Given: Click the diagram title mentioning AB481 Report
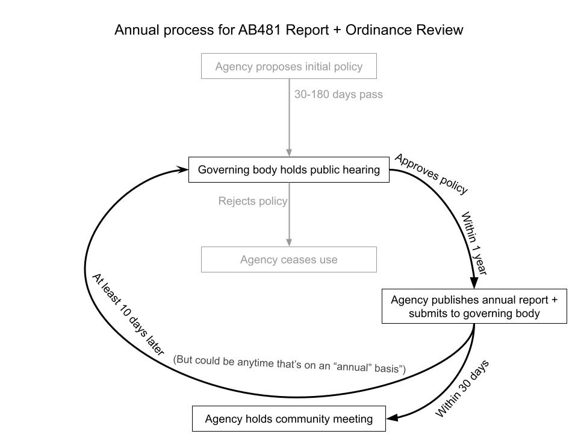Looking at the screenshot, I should [289, 30].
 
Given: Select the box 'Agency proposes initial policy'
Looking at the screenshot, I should [289, 66].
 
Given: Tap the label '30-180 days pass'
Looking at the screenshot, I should [338, 95].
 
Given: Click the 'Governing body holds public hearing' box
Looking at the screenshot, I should [289, 170].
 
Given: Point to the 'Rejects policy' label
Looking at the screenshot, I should [252, 201].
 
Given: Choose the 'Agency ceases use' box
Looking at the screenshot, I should [289, 260].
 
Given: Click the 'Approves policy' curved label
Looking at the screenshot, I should [431, 174].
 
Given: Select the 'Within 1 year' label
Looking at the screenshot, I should [474, 243].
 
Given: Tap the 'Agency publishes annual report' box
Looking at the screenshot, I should [474, 306].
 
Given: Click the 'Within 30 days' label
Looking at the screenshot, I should [462, 389].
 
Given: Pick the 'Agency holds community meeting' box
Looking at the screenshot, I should [289, 419].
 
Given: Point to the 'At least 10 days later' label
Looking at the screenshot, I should [128, 314].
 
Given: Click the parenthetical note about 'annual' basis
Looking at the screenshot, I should [290, 364].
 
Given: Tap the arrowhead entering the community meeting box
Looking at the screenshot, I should [391, 418].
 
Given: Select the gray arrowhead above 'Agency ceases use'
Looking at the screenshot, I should [289, 242].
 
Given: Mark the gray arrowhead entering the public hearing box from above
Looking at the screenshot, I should [289, 153].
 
